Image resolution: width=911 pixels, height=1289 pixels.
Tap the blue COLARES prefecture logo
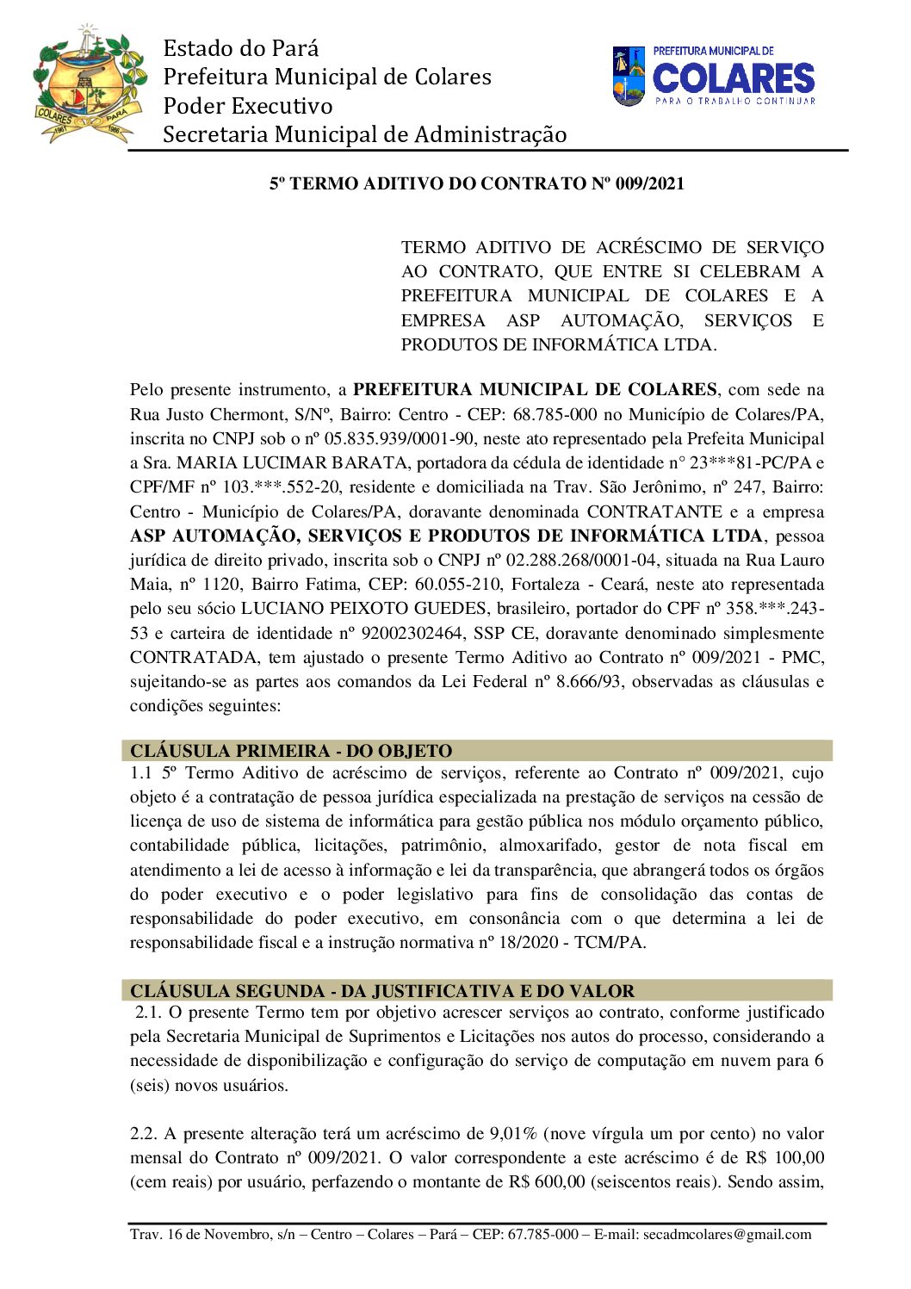point(714,77)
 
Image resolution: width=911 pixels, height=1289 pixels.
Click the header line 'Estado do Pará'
point(241,48)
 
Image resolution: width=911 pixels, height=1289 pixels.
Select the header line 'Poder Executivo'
point(248,106)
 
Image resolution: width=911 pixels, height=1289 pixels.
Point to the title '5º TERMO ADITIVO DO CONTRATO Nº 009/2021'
point(477,183)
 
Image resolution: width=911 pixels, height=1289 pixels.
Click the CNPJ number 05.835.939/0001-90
point(400,439)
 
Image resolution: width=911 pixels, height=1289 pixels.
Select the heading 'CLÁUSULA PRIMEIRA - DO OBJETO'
point(291,751)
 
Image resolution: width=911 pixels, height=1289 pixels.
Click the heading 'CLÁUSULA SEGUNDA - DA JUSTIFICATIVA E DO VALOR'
point(382,991)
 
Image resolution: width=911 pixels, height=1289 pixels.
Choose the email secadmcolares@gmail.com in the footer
point(727,1235)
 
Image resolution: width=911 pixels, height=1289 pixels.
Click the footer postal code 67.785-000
point(543,1235)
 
